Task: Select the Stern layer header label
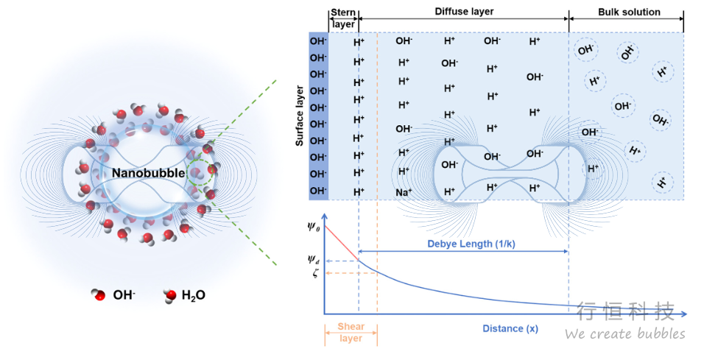tap(342, 17)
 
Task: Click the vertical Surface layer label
tap(300, 116)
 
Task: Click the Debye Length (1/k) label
tap(462, 244)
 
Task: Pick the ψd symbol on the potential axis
tap(313, 259)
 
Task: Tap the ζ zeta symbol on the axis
tap(313, 273)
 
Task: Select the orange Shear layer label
tap(351, 332)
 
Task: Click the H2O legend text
tap(194, 295)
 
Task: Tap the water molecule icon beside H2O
tap(170, 295)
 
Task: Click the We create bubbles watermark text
tap(624, 333)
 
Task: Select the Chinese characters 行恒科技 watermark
tap(625, 311)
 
